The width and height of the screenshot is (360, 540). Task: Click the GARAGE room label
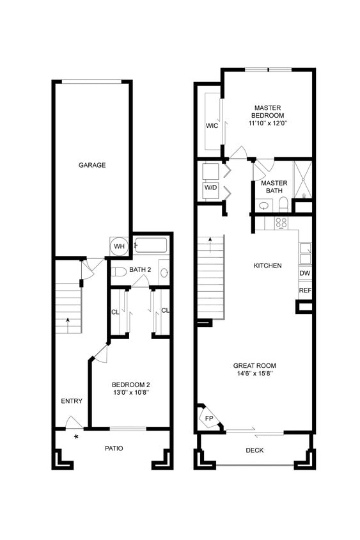tap(92, 165)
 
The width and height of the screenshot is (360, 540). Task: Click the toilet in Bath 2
tap(118, 273)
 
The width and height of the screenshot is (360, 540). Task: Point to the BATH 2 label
tap(140, 270)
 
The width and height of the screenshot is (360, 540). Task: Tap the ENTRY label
tap(72, 401)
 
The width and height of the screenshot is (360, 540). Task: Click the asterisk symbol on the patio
tap(76, 437)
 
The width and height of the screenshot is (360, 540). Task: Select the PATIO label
tap(114, 448)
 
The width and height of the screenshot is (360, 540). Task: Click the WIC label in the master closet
tap(212, 125)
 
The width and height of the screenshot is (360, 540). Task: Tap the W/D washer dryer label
tap(210, 188)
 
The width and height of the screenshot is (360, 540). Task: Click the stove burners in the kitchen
tap(281, 223)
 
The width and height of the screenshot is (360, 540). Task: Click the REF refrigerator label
tap(305, 290)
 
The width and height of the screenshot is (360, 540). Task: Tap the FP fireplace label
tap(209, 418)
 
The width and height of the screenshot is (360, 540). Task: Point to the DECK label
tap(254, 450)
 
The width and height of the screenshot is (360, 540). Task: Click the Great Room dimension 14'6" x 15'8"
tap(254, 373)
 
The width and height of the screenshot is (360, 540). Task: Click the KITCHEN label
tap(267, 265)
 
